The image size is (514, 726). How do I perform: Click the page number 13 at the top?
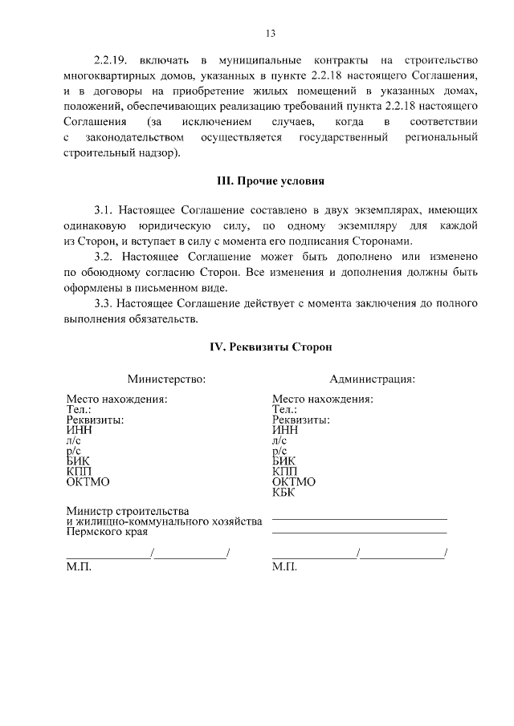pos(271,33)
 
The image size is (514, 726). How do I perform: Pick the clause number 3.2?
pos(105,257)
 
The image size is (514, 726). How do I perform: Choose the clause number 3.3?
pos(105,304)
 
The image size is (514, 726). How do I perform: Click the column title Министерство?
pos(167,379)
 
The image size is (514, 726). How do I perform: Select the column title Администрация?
pos(372,379)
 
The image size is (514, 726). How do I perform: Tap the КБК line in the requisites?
pos(285,492)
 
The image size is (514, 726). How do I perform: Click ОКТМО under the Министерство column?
pos(88,482)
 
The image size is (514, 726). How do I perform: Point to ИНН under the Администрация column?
pos(285,430)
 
